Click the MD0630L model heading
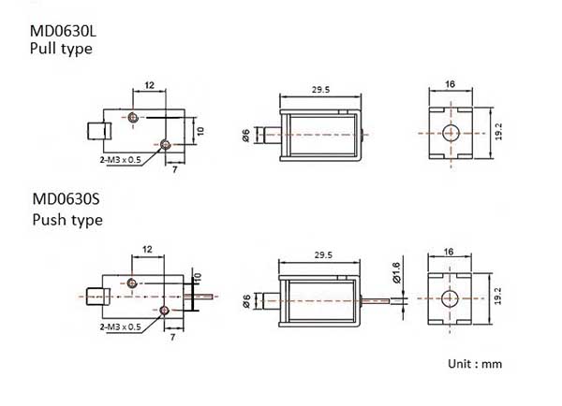point(63,31)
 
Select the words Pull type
point(61,49)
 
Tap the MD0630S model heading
point(66,199)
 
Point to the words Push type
point(67,220)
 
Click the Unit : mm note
point(475,364)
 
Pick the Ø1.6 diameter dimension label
point(396,273)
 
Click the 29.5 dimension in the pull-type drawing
point(320,90)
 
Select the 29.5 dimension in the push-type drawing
point(323,254)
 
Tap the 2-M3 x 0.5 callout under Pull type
point(121,160)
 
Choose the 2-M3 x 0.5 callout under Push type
point(121,326)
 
